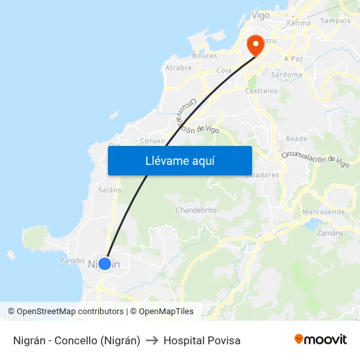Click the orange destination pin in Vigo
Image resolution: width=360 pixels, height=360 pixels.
point(254,45)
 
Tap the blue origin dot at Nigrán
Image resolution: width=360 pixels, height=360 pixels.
point(105,263)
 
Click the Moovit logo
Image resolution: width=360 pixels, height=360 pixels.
point(320,340)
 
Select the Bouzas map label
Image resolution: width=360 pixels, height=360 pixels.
point(204,56)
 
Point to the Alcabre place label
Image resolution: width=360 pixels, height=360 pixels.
point(178,67)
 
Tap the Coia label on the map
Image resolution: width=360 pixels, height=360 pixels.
point(224,70)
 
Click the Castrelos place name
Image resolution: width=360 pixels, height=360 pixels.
point(261,91)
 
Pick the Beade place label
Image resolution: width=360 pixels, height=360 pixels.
point(297,139)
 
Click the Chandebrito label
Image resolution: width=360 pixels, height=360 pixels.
point(196,210)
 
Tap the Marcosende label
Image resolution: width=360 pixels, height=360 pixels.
point(323,212)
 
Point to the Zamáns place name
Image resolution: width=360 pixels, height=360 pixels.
point(329,233)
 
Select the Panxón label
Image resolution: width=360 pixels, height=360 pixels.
point(72,261)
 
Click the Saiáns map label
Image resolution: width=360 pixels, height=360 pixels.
point(109,190)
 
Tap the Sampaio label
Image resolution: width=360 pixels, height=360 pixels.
point(335,20)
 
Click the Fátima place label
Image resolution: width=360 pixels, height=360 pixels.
point(298,23)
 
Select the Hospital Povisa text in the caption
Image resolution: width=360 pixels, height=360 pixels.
point(202,340)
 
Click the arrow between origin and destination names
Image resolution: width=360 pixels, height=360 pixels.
point(152,340)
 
